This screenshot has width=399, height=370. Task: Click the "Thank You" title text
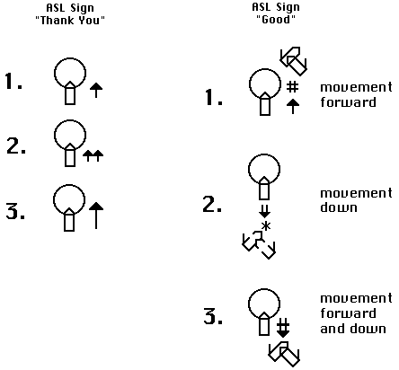(x=70, y=21)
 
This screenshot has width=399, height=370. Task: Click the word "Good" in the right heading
(x=276, y=20)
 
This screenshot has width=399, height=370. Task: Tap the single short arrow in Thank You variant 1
(x=96, y=90)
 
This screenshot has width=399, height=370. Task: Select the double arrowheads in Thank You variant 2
(x=93, y=155)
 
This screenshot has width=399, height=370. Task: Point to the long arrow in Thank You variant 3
(x=96, y=216)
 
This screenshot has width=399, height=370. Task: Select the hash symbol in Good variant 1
(x=292, y=87)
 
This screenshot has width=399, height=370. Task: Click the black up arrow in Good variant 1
(x=293, y=107)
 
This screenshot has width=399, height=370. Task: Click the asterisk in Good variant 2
(x=266, y=226)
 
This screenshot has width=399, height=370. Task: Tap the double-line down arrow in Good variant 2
(x=264, y=211)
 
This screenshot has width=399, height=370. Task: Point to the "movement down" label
(x=356, y=200)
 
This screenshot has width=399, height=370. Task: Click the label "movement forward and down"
(x=356, y=313)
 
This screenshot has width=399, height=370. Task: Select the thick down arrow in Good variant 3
(x=283, y=328)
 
